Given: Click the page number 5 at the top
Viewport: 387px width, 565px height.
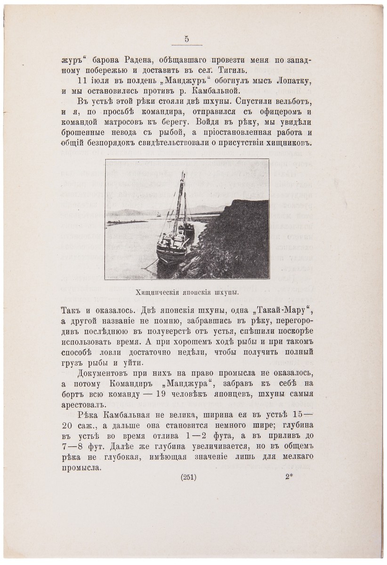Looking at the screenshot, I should (187, 40).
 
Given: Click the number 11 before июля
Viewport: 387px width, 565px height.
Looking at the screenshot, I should (83, 81).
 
